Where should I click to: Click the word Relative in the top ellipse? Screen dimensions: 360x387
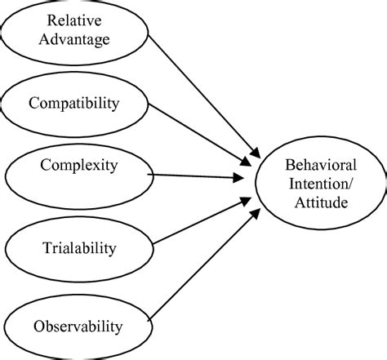coord(77,20)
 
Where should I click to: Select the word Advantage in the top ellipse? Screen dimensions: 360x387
coord(77,38)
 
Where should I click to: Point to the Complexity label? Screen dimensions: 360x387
coord(78,166)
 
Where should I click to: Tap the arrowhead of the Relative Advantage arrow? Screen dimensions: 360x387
coord(255,153)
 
